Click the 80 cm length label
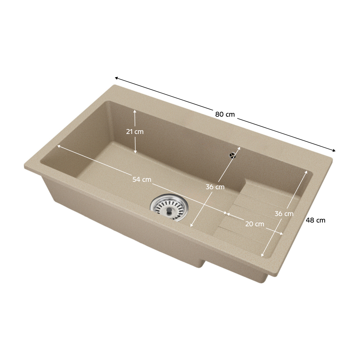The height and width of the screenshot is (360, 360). point(225,114)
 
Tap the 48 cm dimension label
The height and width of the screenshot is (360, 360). point(315,220)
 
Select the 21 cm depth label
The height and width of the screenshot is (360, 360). point(135,131)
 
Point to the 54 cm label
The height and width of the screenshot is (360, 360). point(142,179)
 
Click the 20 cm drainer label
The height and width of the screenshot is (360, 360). point(255,224)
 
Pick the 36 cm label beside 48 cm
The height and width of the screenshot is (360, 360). point(284,214)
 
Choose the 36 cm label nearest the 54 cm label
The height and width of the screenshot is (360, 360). point(215,187)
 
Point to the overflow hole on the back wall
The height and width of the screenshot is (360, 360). point(233,156)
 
